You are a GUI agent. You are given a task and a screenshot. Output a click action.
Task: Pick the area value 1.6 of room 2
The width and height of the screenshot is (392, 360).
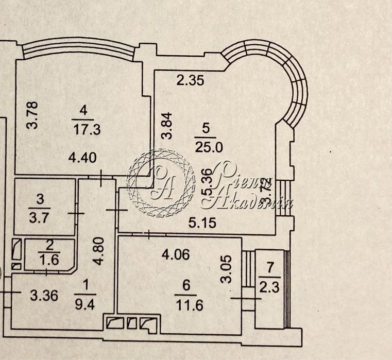point(50,260)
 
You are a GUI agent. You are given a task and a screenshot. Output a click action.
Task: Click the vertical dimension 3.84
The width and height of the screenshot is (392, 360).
point(165,127)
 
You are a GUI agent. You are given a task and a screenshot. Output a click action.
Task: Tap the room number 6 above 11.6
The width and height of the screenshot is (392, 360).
point(183,287)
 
